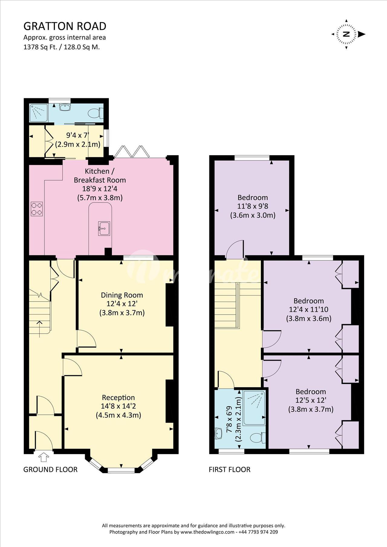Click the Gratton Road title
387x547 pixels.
coord(65,26)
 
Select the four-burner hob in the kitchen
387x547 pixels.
coord(37,209)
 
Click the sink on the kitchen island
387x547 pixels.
coord(104,228)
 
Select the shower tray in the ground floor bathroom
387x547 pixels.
coord(39,113)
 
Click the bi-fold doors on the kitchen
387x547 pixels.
coord(132,152)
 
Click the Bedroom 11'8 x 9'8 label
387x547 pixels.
coord(253,206)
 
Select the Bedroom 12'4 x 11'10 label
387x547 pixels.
coord(309,309)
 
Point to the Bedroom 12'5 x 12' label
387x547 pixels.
coord(311,400)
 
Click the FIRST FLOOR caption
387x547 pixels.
coord(229,469)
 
